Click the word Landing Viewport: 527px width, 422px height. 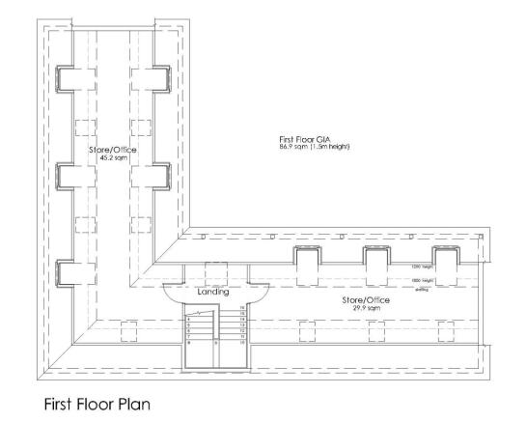[x=212, y=291]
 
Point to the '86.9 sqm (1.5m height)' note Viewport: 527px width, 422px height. [x=316, y=150]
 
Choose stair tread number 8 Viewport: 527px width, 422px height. [x=189, y=342]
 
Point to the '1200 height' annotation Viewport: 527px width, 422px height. [x=422, y=267]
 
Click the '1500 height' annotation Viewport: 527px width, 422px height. [x=422, y=280]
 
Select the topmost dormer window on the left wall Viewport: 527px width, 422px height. [x=66, y=78]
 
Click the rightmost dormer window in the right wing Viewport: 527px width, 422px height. [x=446, y=261]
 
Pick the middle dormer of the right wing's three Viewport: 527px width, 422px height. [x=376, y=261]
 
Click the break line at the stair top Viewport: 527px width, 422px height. [x=199, y=312]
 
